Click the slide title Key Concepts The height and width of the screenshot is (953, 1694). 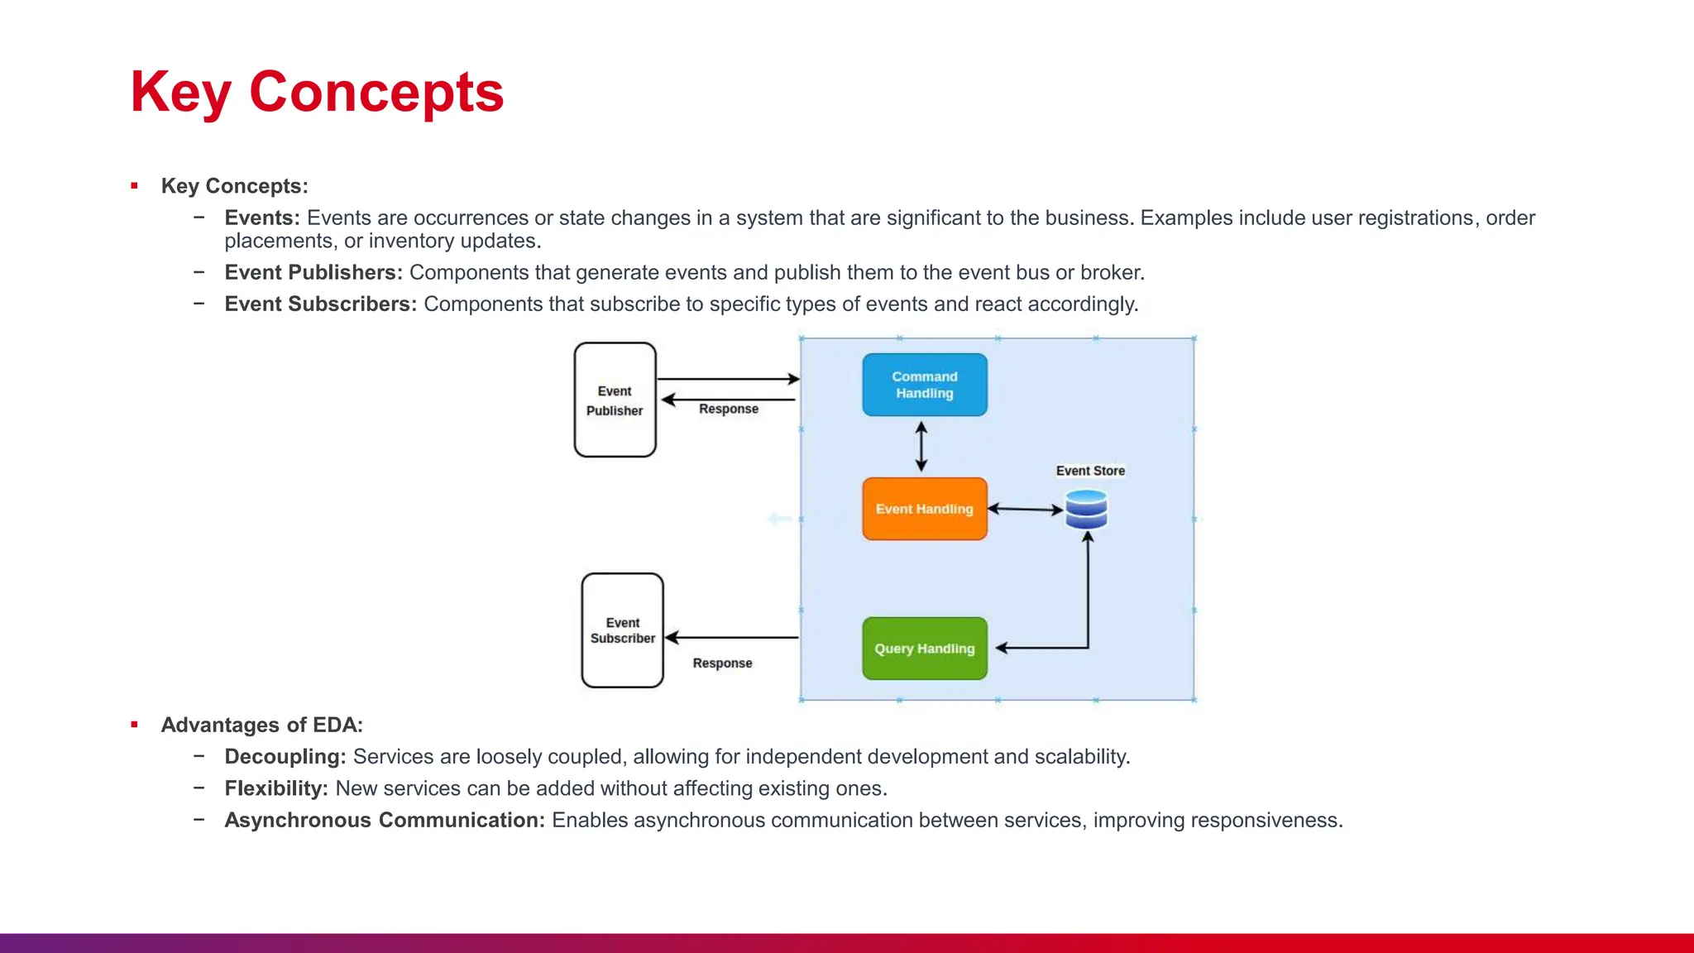[x=317, y=92]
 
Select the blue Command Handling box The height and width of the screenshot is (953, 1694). [x=924, y=385]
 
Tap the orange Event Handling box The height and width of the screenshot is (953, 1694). [x=924, y=509]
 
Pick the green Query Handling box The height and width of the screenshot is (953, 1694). [x=924, y=649]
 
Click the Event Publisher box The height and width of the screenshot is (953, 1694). [x=615, y=400]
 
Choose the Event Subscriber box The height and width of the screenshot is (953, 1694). [x=622, y=630]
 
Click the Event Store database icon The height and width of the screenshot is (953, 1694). [x=1086, y=510]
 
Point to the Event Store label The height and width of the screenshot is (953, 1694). [x=1090, y=471]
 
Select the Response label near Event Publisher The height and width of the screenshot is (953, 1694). [x=728, y=409]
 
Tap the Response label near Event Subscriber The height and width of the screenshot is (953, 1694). [x=722, y=663]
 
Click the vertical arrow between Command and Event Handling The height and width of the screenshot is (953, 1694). [x=921, y=447]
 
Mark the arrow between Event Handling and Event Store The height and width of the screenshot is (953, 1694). [x=1026, y=510]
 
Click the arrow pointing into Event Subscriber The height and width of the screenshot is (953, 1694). [x=731, y=638]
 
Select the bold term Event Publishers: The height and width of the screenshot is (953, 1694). [x=313, y=272]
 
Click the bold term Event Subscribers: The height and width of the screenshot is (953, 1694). [x=320, y=304]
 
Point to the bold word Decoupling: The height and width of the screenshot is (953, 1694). [x=285, y=756]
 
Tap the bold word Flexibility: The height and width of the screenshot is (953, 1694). [x=276, y=788]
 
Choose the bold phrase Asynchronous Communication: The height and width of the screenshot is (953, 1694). [x=384, y=820]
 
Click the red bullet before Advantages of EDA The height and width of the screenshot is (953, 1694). [x=134, y=725]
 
